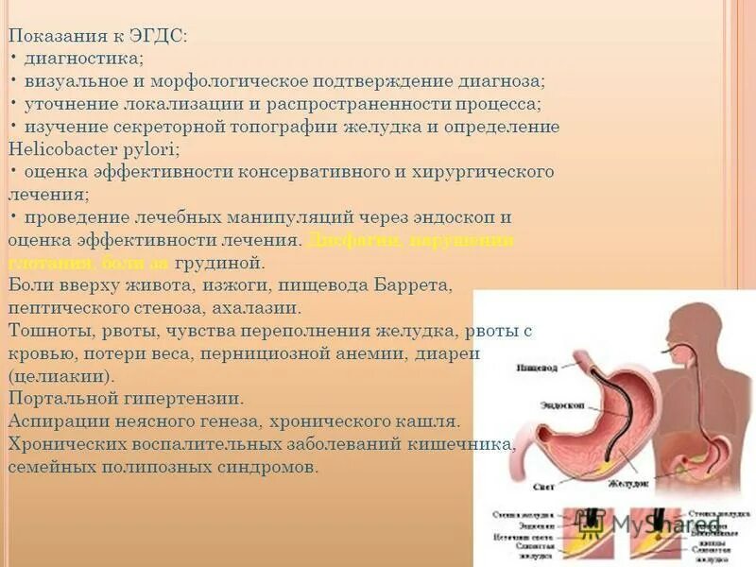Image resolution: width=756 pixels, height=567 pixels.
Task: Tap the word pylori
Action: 149,149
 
